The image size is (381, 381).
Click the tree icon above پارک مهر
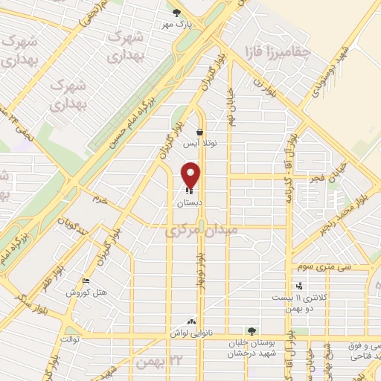(176, 13)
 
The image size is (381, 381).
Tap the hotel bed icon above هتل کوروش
(86, 281)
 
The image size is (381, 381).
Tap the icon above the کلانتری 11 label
(299, 285)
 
